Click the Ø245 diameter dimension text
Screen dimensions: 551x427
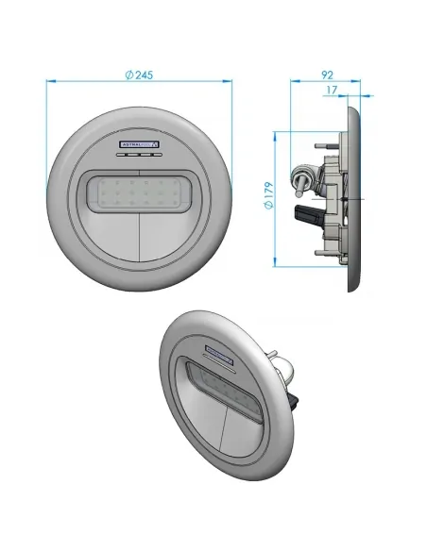point(140,75)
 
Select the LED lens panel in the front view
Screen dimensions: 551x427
point(140,194)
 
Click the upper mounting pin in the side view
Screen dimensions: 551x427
point(322,142)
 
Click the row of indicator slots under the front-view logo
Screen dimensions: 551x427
point(140,156)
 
